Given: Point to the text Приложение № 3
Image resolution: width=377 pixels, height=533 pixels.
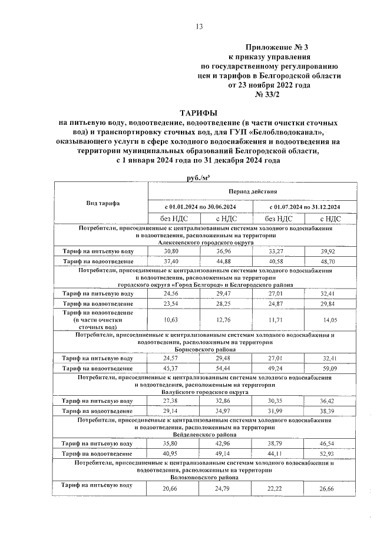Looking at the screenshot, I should (277, 47).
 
